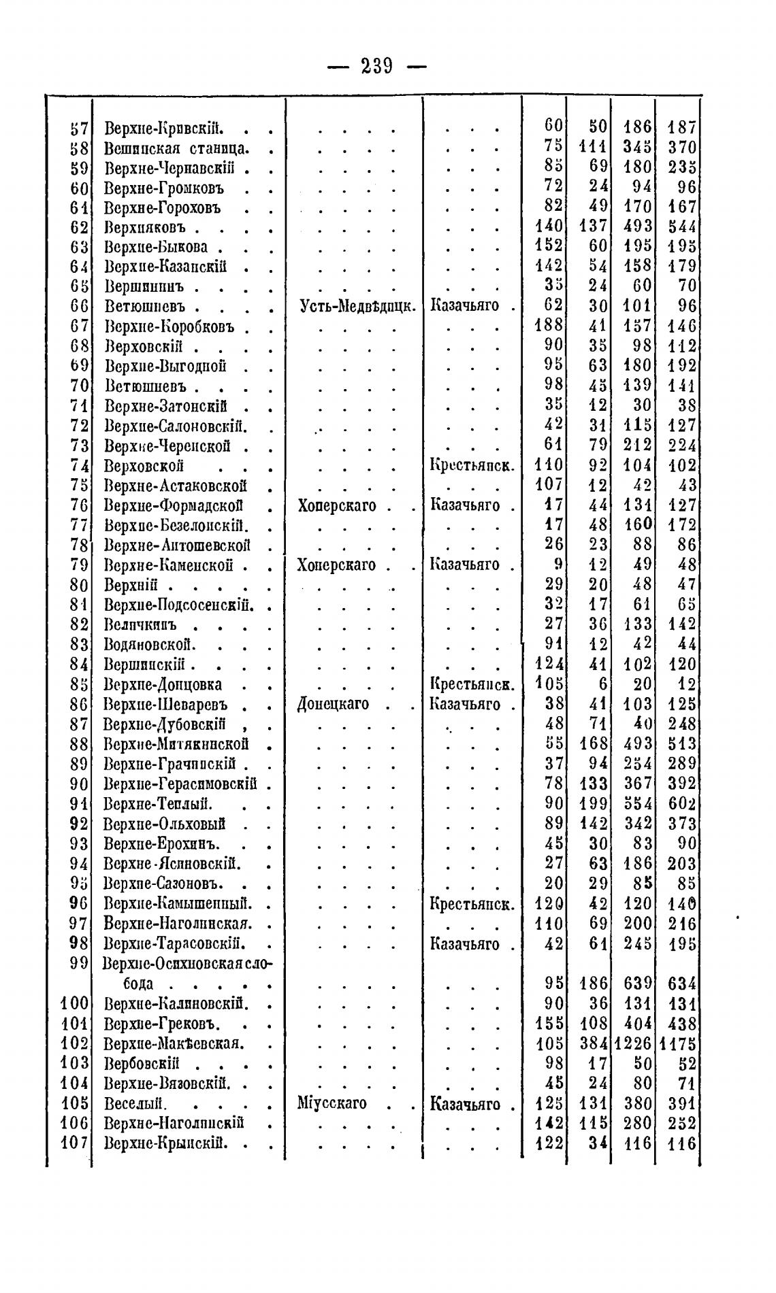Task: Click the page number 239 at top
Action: point(377,66)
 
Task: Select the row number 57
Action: point(79,127)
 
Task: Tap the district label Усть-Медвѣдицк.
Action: point(357,306)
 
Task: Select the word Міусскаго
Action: point(332,1103)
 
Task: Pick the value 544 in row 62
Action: point(682,226)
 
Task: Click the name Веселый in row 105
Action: point(136,1103)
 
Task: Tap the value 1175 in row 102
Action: point(678,1043)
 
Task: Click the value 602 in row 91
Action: point(682,804)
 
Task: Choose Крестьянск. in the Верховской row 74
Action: point(472,466)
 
